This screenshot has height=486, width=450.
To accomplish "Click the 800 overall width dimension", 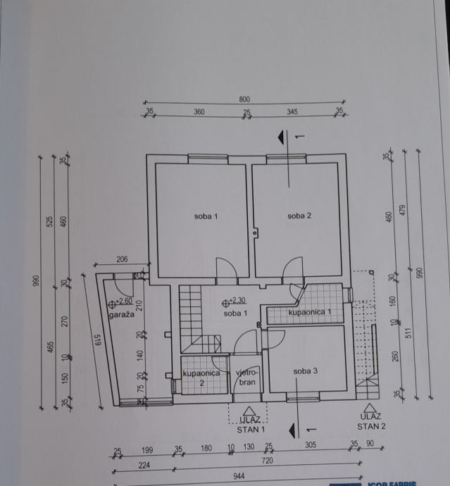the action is (244, 100).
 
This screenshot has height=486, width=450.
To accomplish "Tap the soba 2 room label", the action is (299, 216).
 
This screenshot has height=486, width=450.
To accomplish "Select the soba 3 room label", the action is (306, 371).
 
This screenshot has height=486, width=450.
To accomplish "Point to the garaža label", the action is (121, 315).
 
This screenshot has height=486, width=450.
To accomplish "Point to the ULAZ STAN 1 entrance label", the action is (250, 423).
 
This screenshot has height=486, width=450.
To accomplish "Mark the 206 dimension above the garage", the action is (121, 260).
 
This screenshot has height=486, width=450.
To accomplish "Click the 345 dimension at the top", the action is (292, 112).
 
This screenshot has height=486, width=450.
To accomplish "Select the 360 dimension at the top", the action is (199, 112).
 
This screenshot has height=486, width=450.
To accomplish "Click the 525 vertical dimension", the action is (50, 221).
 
